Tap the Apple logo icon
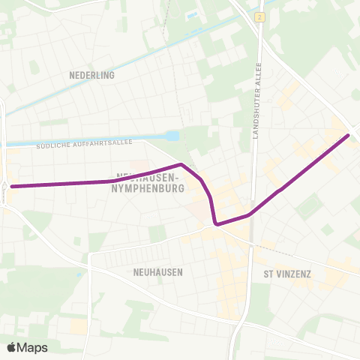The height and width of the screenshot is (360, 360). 12,347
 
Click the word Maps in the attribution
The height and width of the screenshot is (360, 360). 33,347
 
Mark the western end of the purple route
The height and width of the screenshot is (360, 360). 12,185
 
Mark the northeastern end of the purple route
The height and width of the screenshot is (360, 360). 348,136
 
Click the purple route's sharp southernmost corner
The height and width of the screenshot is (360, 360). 216,223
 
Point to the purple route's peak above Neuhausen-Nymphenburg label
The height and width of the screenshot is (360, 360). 181,164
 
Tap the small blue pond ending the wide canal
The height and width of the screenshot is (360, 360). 173,136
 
